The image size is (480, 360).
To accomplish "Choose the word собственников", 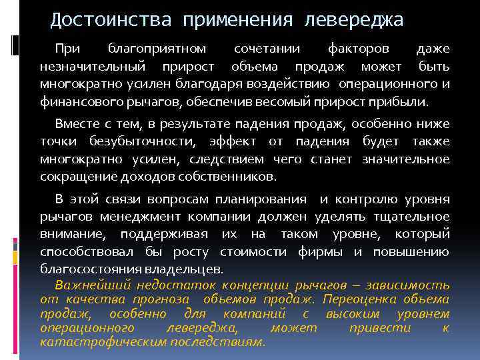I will pyautogui.click(x=231, y=177).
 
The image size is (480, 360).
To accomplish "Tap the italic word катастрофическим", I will pyautogui.click(x=103, y=342).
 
